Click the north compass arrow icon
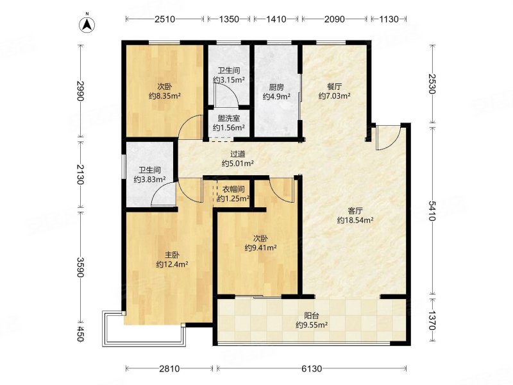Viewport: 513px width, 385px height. tap(87, 24)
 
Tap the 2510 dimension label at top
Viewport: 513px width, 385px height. tap(165, 19)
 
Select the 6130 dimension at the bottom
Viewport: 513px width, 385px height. tap(312, 369)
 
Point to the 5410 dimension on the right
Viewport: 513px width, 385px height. tap(432, 211)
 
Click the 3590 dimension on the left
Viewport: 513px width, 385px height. tap(80, 267)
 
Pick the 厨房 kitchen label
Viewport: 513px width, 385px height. tap(276, 87)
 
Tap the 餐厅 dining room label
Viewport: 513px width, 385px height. tap(334, 87)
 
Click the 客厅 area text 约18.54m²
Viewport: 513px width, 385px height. tap(355, 220)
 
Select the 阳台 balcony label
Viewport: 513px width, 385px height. tap(312, 316)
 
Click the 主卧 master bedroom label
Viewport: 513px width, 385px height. tap(172, 255)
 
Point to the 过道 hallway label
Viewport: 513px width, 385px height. tap(238, 154)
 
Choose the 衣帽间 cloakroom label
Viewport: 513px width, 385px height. tap(233, 189)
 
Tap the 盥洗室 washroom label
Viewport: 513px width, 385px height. tap(229, 119)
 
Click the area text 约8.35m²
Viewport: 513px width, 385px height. tap(165, 96)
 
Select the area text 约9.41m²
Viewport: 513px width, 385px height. tap(261, 248)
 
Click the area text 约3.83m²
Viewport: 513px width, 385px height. tap(149, 179)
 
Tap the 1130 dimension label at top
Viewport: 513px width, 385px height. tap(389, 19)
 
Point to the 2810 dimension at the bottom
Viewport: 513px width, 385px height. tap(169, 369)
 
